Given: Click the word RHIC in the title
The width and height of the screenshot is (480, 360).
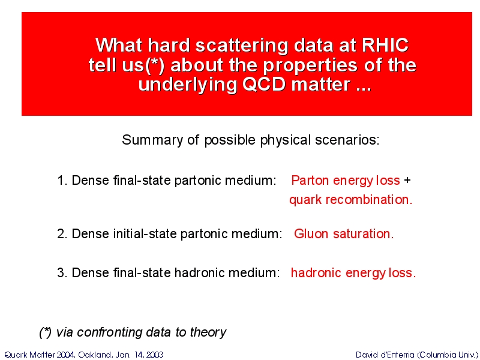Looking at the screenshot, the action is click(385, 46).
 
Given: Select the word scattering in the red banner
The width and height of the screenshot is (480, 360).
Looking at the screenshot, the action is click(242, 46).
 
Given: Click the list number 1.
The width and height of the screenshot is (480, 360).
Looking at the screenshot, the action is click(62, 181).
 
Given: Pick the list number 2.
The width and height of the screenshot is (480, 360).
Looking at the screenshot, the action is click(62, 234).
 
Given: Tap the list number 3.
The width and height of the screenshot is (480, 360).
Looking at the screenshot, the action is click(62, 272).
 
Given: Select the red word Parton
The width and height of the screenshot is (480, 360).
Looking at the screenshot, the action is click(310, 181).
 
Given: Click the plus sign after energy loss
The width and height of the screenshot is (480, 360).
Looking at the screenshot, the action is click(407, 180).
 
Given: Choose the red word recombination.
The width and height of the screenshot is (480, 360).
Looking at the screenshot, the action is click(369, 200).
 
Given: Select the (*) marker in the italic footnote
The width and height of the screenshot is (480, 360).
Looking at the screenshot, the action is click(46, 332).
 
